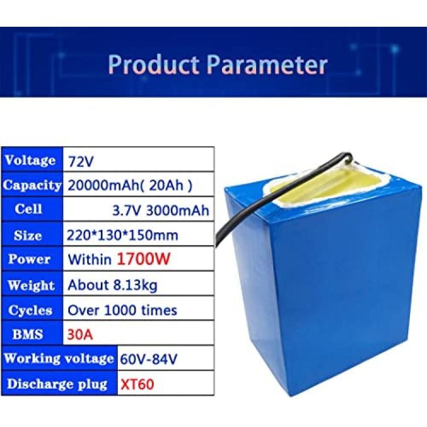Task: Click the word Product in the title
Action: [153, 64]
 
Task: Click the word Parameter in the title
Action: [266, 64]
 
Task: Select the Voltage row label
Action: [30, 160]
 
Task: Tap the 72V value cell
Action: [81, 161]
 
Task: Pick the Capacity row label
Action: [32, 185]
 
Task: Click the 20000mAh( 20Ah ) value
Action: [130, 186]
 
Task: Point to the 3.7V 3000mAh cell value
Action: [161, 211]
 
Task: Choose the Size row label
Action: [28, 235]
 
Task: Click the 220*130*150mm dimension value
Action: [122, 235]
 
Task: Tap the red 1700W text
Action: [143, 258]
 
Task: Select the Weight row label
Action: [31, 285]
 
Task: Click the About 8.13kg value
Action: [113, 285]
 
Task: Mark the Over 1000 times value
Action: [122, 310]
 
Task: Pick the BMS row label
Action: [27, 334]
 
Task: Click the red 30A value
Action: [80, 334]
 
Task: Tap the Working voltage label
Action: [59, 358]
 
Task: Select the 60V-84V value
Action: [149, 359]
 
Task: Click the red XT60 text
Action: [137, 384]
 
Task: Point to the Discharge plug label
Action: [57, 384]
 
